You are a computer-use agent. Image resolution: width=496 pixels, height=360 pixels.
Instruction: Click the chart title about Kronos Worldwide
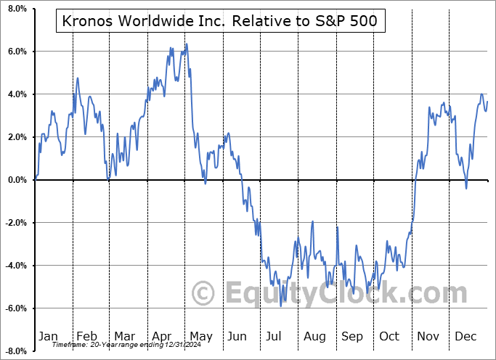(220, 21)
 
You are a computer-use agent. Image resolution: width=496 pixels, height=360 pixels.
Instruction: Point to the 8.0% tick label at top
(15, 9)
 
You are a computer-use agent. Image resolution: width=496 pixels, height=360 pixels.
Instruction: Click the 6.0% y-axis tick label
(15, 52)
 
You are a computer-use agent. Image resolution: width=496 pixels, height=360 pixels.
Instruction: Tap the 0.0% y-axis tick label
(15, 180)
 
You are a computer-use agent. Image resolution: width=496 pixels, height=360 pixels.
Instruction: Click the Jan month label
(48, 336)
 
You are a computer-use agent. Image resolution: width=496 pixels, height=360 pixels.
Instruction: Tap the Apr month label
(162, 336)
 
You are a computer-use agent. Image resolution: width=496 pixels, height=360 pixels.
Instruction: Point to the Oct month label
(389, 336)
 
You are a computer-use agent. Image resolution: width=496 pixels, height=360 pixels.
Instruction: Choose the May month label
(200, 336)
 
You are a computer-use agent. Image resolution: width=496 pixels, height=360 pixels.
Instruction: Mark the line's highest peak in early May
(186, 44)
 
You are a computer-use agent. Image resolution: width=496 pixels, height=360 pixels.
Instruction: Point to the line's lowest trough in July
(281, 306)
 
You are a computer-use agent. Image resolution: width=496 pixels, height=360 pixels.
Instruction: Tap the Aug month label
(314, 336)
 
